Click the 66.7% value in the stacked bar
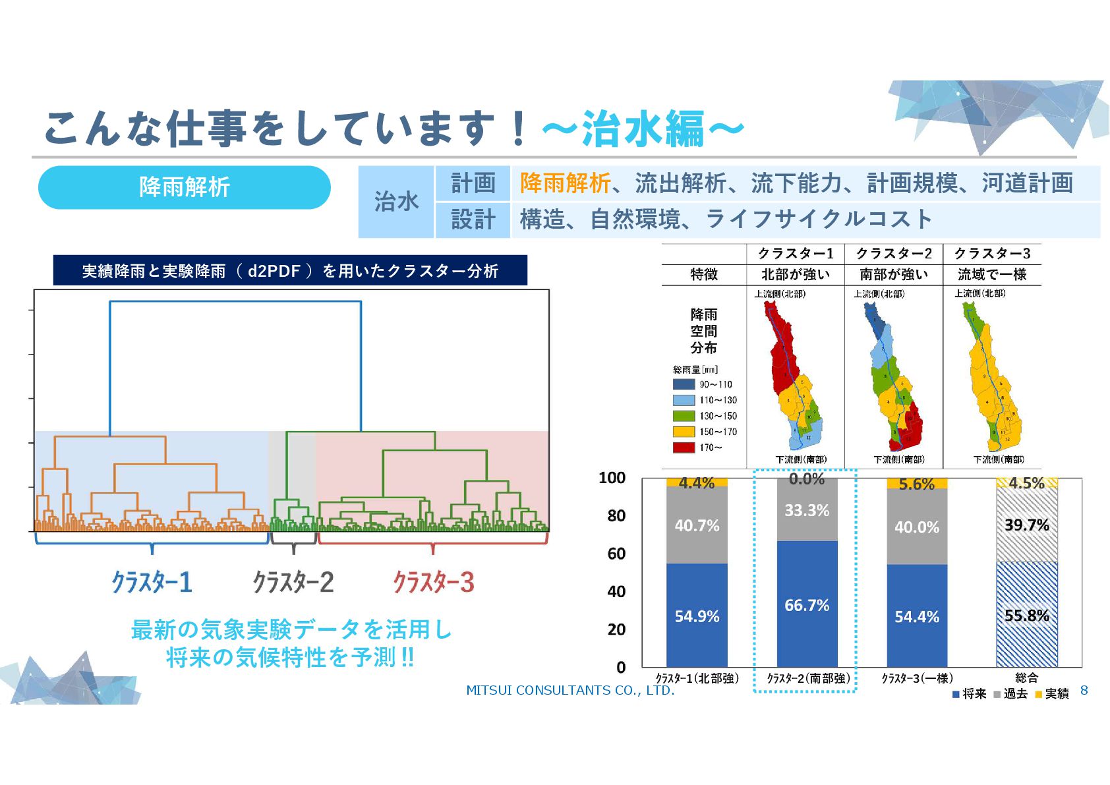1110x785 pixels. [807, 605]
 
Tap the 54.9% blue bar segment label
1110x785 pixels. [697, 616]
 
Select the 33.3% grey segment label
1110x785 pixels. [807, 510]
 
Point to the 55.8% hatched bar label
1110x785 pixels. [1026, 616]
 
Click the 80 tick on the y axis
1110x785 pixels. [616, 515]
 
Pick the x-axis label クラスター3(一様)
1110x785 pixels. [917, 678]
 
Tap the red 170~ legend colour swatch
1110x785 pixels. [684, 448]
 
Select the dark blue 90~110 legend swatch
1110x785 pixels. [684, 384]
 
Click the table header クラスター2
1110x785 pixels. [894, 254]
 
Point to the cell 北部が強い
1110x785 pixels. [796, 274]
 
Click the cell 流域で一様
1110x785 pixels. [992, 274]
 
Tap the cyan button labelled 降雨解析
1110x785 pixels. [185, 187]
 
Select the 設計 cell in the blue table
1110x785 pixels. [473, 219]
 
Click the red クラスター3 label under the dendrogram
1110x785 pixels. [433, 582]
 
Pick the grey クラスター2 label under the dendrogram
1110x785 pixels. [293, 582]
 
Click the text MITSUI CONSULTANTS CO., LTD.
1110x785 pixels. [570, 690]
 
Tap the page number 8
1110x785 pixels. [1084, 690]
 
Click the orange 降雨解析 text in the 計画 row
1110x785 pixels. [565, 183]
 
